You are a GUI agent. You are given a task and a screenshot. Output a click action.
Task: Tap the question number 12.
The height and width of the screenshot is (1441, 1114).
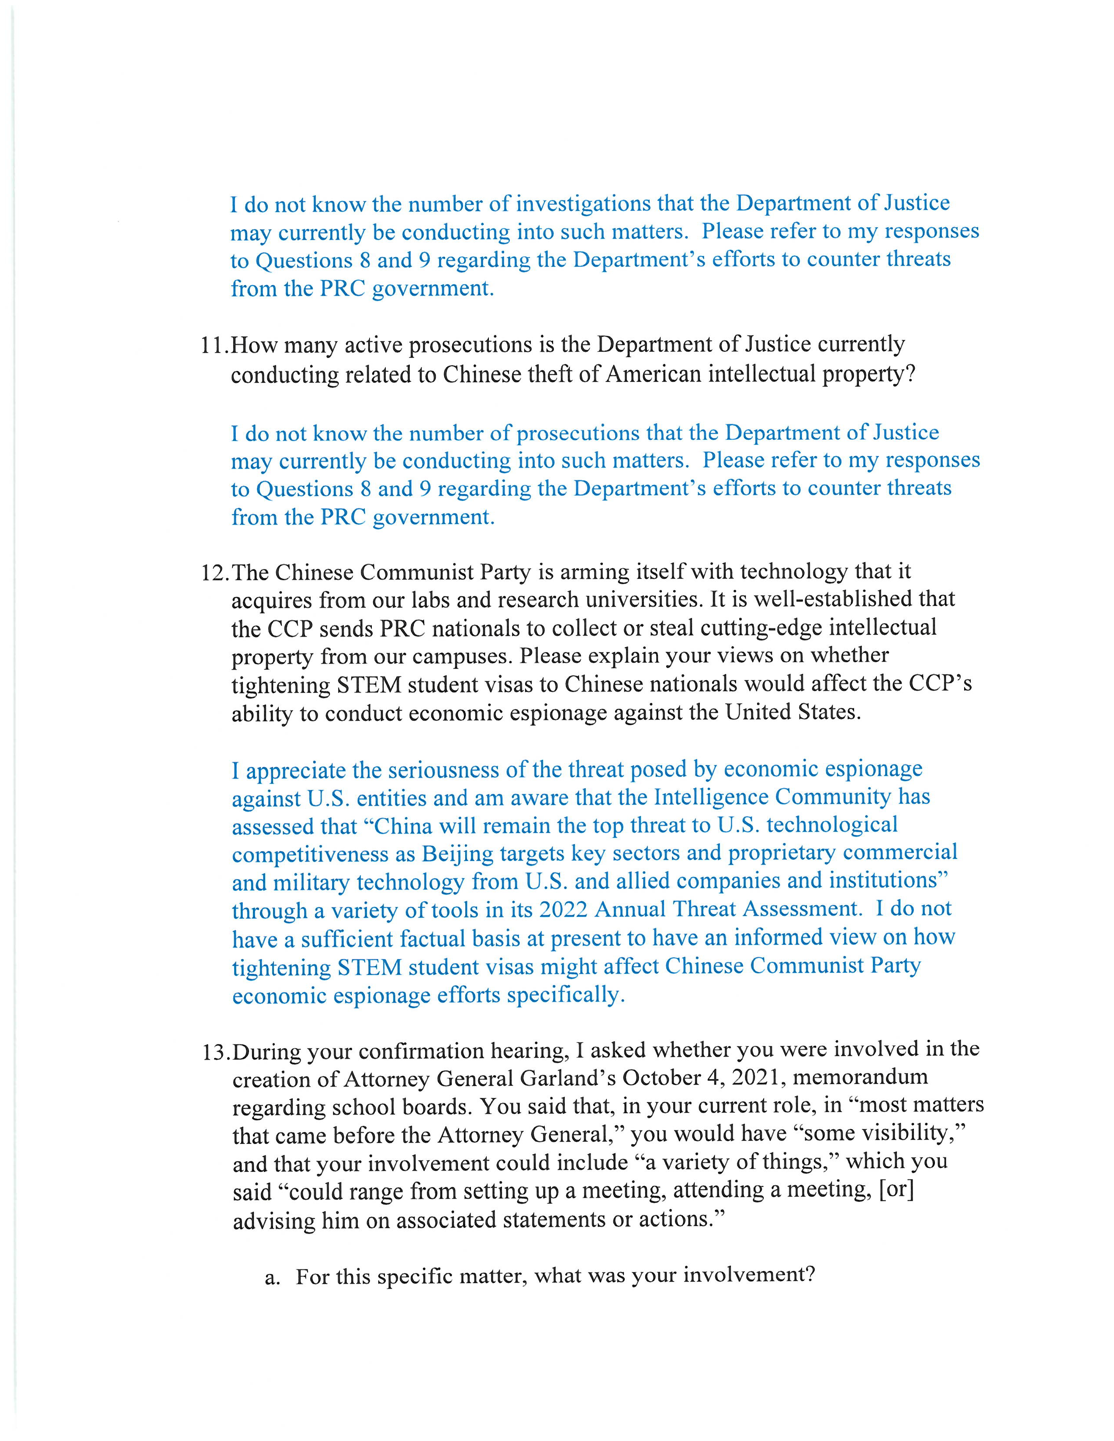coord(215,572)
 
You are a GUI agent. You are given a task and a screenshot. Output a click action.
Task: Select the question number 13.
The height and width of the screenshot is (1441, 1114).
coord(216,1051)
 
